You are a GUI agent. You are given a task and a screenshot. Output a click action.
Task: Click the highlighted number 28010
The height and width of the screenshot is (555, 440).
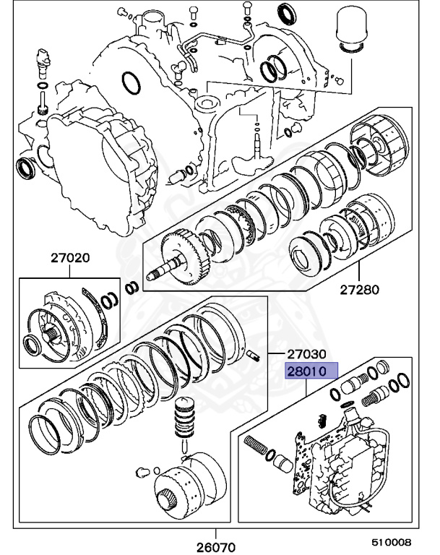click(307, 371)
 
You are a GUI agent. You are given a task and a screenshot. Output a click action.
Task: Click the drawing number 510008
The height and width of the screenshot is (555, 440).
click(392, 541)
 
